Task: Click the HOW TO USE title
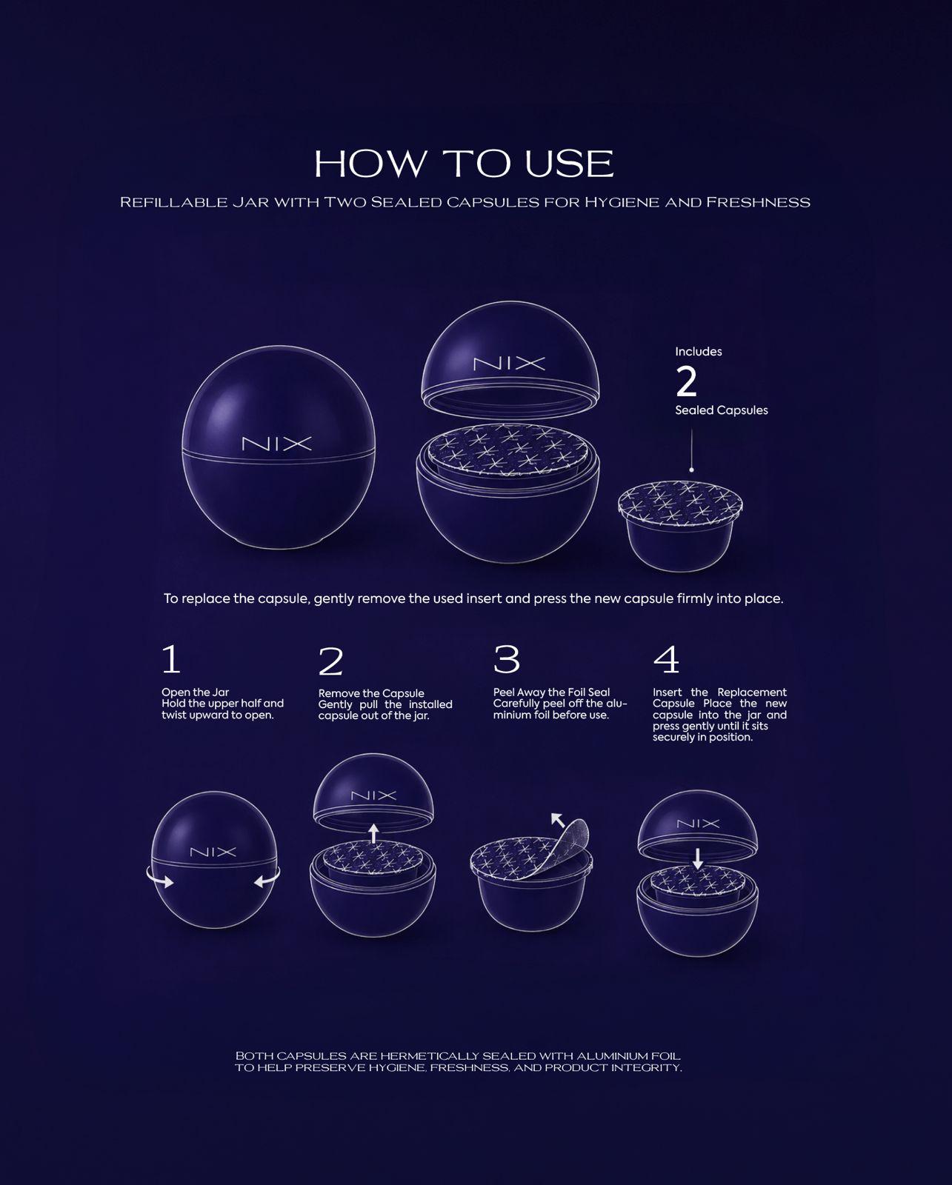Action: pyautogui.click(x=464, y=164)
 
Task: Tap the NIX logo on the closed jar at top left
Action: pyautogui.click(x=276, y=444)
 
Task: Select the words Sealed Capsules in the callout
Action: pyautogui.click(x=721, y=410)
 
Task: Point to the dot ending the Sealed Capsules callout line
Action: pyautogui.click(x=691, y=470)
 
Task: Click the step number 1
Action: pyautogui.click(x=171, y=659)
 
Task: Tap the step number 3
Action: pyautogui.click(x=506, y=659)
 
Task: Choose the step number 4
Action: pyautogui.click(x=666, y=660)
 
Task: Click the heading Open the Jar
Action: pyautogui.click(x=195, y=692)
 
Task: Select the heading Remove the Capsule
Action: pyautogui.click(x=371, y=693)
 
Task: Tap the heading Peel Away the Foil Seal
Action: pyautogui.click(x=551, y=692)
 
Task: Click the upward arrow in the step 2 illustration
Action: pyautogui.click(x=373, y=833)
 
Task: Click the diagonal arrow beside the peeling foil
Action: pyautogui.click(x=558, y=820)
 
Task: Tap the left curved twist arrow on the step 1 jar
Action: pyautogui.click(x=159, y=877)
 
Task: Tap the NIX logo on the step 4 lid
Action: pyautogui.click(x=698, y=824)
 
